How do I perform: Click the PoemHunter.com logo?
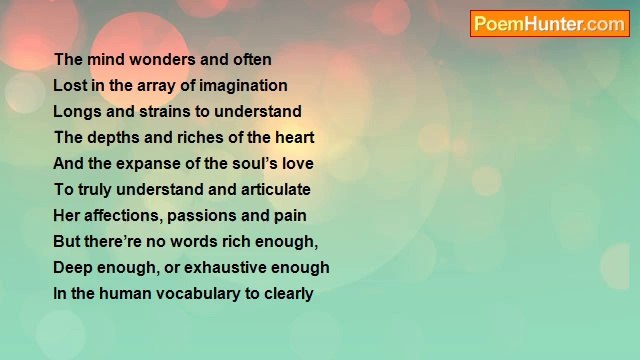click(549, 24)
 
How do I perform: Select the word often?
click(251, 60)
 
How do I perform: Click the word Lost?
click(69, 86)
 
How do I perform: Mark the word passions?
click(205, 216)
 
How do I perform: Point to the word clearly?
click(289, 294)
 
